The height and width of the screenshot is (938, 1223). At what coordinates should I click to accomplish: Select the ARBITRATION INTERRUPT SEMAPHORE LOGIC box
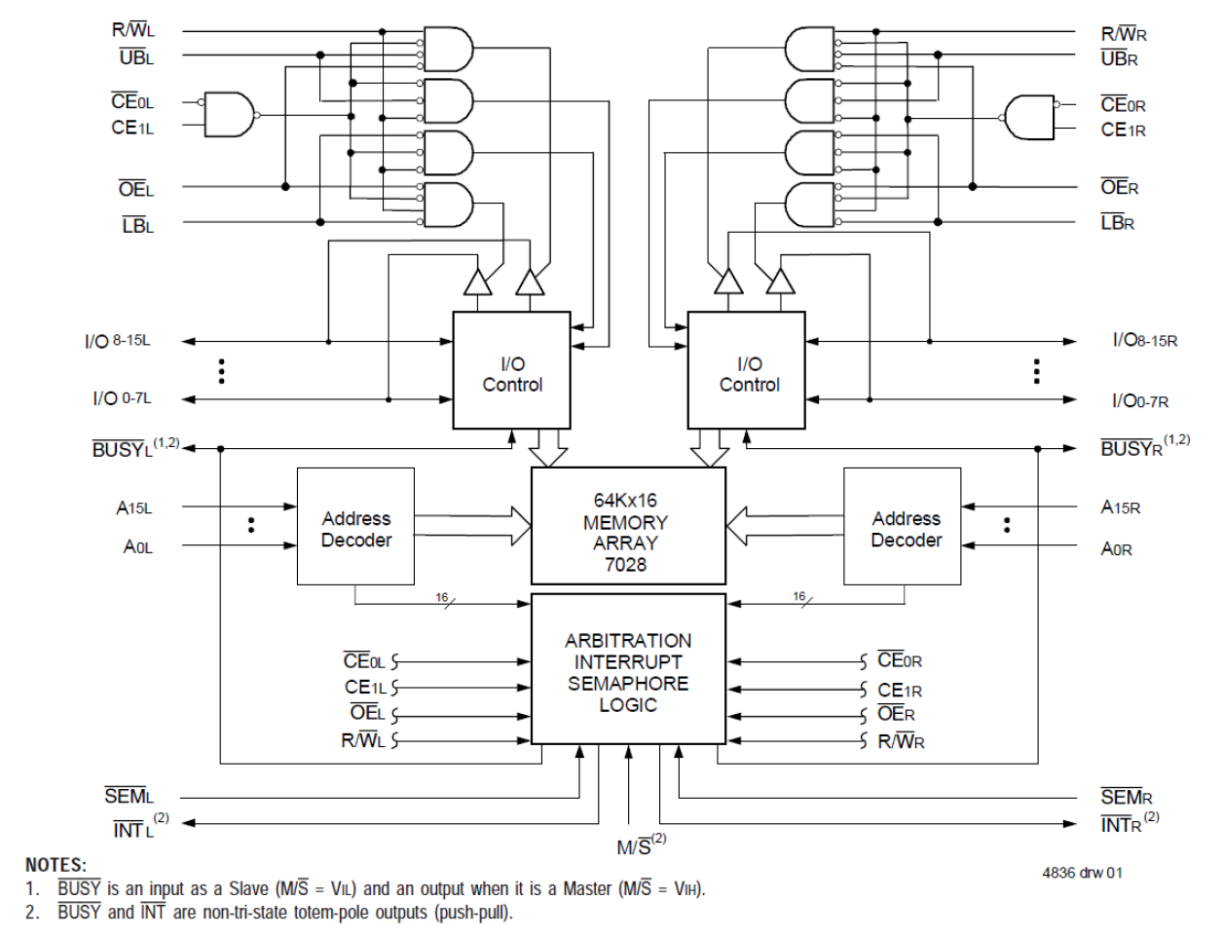pos(628,671)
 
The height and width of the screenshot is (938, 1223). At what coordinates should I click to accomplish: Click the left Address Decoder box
pos(355,526)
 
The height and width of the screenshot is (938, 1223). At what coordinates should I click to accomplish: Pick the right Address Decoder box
pos(903,526)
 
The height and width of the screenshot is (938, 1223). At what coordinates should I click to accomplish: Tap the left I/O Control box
pos(512,371)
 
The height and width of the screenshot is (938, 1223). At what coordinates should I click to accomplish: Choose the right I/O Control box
pos(747,371)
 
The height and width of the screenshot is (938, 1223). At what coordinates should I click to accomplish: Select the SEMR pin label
pos(1126,797)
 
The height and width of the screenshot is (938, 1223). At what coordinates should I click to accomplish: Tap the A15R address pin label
pos(1120,507)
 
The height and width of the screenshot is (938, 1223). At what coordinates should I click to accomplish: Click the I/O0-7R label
pos(1139,399)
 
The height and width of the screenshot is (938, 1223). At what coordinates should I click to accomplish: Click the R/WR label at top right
pos(1123,34)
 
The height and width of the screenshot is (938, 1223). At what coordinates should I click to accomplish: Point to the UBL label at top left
pos(136,57)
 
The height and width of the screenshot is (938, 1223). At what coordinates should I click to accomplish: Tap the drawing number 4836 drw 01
pos(1081,872)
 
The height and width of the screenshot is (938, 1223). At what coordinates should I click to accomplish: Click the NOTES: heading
pos(56,865)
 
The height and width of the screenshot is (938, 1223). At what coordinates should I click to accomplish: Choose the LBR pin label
pos(1117,223)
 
